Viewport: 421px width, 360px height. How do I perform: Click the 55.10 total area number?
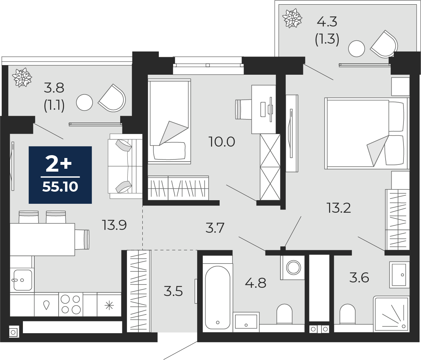coord(60,187)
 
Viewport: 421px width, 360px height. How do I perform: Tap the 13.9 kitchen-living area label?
coord(114,225)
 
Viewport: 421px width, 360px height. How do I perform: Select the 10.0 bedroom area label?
coord(222,142)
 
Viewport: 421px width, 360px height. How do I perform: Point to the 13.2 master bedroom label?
coord(339,208)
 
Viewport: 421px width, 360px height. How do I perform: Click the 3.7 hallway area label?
coord(215,228)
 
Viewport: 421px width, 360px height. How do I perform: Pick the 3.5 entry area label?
coord(173,291)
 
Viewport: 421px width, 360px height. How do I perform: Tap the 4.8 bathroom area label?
coord(256,283)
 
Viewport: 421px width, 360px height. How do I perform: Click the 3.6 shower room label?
coord(359,278)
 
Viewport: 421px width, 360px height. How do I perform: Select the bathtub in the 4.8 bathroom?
coord(217,294)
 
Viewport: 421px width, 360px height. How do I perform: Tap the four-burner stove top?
coord(71,304)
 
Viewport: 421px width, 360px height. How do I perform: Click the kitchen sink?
coord(22,280)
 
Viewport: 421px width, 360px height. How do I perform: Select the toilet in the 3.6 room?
coord(347,314)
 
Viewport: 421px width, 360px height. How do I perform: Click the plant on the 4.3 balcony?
coord(292,18)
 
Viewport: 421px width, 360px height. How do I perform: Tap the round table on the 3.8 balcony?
coord(84,103)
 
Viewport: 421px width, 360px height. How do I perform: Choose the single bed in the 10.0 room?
coord(169,121)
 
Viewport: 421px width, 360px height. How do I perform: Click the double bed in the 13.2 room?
coord(367,133)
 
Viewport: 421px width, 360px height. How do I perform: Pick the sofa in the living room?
coord(125,166)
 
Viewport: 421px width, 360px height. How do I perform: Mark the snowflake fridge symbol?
coord(109,306)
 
